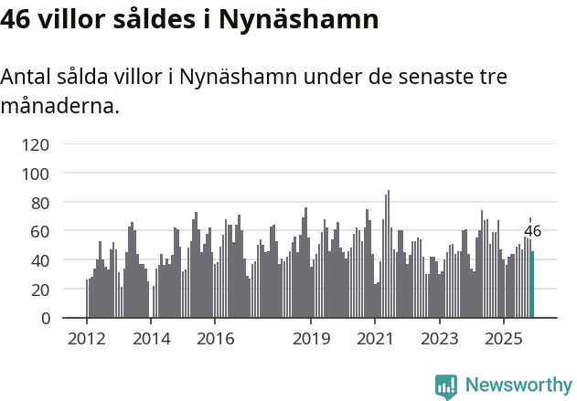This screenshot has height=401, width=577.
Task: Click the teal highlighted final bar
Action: [x=533, y=285]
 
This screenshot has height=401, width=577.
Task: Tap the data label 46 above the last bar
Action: [x=532, y=231]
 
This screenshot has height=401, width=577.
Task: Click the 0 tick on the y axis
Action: [x=43, y=319]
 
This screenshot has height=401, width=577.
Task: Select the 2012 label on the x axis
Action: [x=87, y=339]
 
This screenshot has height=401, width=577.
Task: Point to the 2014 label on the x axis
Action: [x=152, y=339]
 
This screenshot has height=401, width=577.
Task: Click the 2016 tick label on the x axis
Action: [x=216, y=339]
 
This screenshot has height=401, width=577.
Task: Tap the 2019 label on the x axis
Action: [x=312, y=339]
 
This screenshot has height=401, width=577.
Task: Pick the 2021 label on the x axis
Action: [x=376, y=339]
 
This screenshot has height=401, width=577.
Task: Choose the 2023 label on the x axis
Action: [x=440, y=339]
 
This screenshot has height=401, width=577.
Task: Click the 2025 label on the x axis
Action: [x=504, y=339]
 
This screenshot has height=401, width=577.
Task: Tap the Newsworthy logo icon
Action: [x=446, y=386]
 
